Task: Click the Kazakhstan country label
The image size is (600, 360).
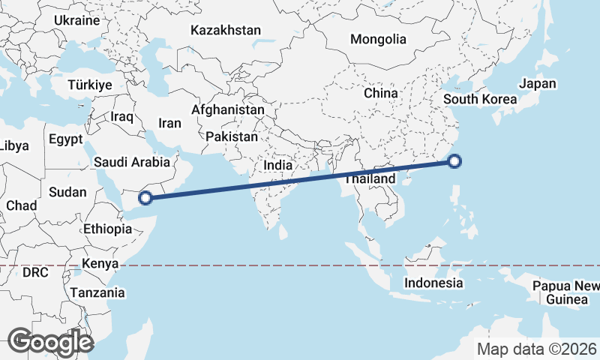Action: coord(225,31)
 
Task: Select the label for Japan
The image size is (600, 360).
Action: coord(538,83)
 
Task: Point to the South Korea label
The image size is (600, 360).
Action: coord(480,99)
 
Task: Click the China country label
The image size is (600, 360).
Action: coord(380,94)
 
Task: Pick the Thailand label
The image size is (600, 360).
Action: coord(370,180)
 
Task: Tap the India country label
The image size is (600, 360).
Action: coord(277,165)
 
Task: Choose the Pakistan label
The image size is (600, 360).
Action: coord(232,137)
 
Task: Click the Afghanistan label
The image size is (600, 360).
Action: coord(228,110)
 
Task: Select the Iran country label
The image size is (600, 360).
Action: coord(170,123)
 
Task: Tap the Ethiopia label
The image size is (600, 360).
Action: coord(108,229)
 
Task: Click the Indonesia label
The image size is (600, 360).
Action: coord(433,283)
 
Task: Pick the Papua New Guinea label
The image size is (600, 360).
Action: coord(566,292)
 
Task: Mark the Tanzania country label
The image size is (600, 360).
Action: coord(97,292)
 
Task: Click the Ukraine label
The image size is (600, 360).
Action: coord(76,20)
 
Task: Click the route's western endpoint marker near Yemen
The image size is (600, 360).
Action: coord(146,198)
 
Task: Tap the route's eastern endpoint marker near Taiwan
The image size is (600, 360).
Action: coord(455,160)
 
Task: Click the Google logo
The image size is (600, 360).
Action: coord(50,341)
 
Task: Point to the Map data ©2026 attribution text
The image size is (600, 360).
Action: coord(537,349)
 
